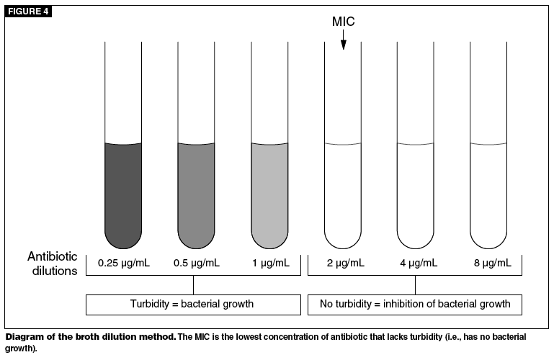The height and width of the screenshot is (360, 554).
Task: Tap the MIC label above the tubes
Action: pyautogui.click(x=343, y=22)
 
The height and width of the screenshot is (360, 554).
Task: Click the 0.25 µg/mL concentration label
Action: pyautogui.click(x=123, y=263)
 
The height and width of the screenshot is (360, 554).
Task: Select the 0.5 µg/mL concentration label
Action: pyautogui.click(x=196, y=263)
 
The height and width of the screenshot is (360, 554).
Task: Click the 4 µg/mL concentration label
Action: pyautogui.click(x=417, y=263)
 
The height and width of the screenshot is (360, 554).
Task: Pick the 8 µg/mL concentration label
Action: pyautogui.click(x=490, y=263)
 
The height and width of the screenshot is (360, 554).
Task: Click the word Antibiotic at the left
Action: pyautogui.click(x=53, y=256)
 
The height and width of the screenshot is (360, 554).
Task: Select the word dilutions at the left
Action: pyautogui.click(x=53, y=271)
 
